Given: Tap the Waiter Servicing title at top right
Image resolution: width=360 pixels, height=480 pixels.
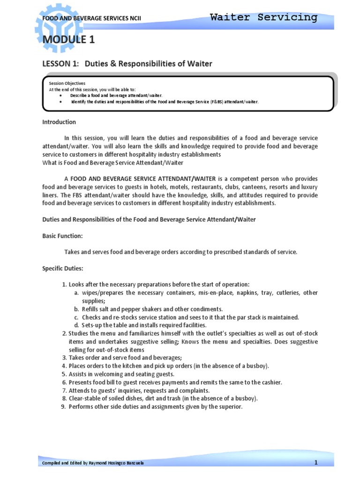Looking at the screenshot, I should point(263,17).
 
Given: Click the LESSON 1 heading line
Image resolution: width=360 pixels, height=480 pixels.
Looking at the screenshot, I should point(127,63).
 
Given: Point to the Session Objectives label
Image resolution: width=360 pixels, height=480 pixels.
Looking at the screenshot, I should point(67,83).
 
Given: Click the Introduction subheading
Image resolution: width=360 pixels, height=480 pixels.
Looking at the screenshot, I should point(59,122).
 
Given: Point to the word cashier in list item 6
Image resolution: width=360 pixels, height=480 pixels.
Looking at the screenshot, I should point(270,382).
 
